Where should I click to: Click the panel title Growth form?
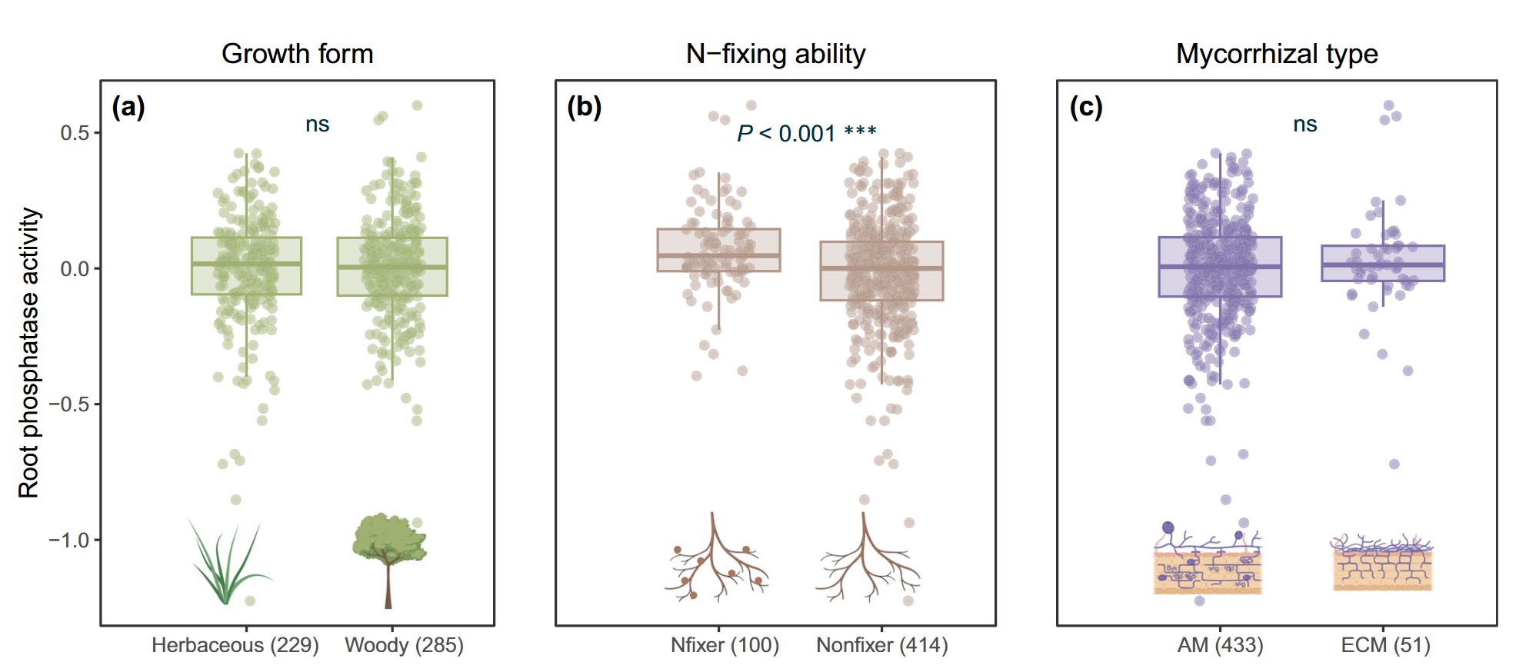tap(297, 54)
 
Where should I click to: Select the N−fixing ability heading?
tap(775, 54)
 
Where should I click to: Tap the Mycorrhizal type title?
tap(1277, 54)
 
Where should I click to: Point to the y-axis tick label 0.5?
tap(75, 133)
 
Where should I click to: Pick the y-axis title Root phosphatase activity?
tap(28, 352)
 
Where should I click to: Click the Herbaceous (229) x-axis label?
tap(235, 644)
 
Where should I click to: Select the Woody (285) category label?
tap(404, 644)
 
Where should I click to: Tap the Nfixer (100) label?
tap(725, 644)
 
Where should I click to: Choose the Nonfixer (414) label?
tap(881, 644)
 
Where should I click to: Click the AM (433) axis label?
tap(1220, 644)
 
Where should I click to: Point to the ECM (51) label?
tap(1385, 644)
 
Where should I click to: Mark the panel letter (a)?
tap(128, 106)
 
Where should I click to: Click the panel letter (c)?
tap(1086, 106)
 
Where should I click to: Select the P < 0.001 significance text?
tap(806, 133)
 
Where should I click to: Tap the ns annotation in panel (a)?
tap(317, 125)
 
